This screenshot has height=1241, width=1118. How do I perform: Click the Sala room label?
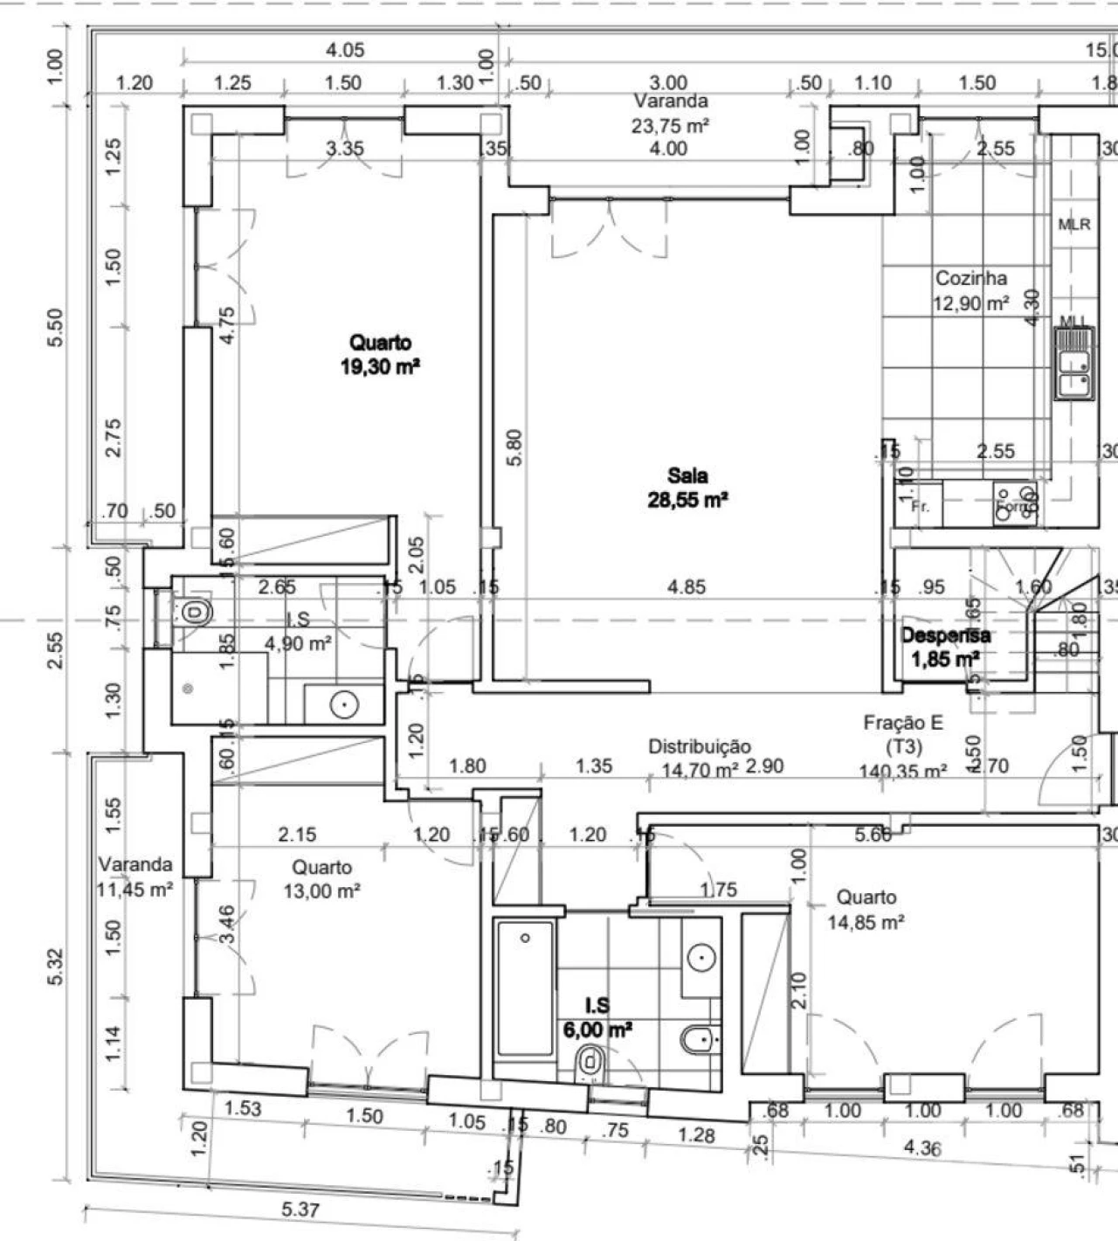[687, 476]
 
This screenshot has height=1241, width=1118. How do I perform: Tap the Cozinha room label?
[970, 279]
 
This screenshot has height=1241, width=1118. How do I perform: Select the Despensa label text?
[945, 635]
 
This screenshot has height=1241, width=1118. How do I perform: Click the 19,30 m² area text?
[380, 366]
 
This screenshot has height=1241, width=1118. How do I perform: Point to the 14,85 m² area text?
[865, 922]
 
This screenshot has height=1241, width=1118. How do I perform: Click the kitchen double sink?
[1073, 363]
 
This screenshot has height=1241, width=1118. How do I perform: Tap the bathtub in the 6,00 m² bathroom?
[524, 988]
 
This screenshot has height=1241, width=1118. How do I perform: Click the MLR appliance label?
[1074, 225]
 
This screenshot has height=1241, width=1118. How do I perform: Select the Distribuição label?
[699, 746]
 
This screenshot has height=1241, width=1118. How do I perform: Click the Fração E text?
[903, 723]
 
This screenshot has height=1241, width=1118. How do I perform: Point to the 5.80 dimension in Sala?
[514, 447]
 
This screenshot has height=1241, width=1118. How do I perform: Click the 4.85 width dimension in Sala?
[686, 586]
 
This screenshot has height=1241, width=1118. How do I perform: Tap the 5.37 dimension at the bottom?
[300, 1210]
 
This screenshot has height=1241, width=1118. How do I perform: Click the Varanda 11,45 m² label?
[135, 877]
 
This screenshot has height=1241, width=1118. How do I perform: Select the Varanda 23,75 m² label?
[670, 114]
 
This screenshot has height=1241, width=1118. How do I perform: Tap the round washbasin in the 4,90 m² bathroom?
[344, 704]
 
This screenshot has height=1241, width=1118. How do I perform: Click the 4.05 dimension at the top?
[345, 50]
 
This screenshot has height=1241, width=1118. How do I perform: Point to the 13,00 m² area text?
[321, 891]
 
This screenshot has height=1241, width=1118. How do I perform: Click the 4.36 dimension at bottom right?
[921, 1147]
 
